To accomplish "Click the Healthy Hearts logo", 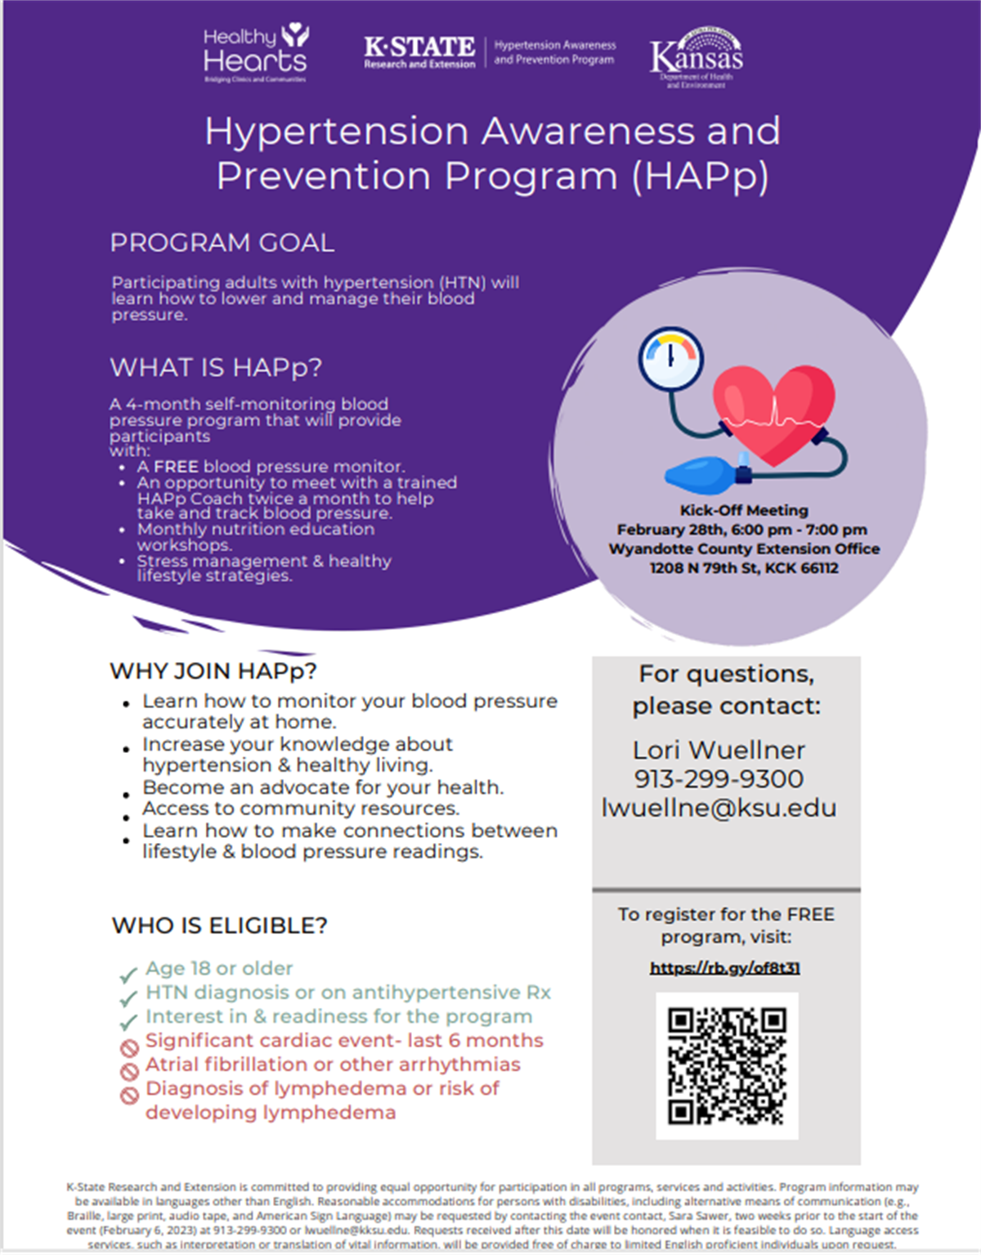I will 255,54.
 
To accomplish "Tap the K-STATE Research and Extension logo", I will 419,52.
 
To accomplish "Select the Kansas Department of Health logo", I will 697,57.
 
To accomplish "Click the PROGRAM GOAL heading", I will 222,243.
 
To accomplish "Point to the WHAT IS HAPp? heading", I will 216,368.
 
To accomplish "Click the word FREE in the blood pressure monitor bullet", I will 176,467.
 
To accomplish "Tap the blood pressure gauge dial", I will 670,358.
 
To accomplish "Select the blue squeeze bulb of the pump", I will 701,473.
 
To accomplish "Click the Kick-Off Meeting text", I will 744,510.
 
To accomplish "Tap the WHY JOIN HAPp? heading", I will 213,671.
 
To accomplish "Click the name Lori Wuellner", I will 719,750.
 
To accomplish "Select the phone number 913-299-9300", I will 719,778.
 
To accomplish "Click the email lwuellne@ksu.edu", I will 719,808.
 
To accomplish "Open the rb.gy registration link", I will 724,968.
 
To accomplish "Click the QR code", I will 727,1066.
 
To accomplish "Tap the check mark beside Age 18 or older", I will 128,975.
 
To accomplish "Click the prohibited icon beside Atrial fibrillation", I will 129,1071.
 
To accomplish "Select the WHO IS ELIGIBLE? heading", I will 219,926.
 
